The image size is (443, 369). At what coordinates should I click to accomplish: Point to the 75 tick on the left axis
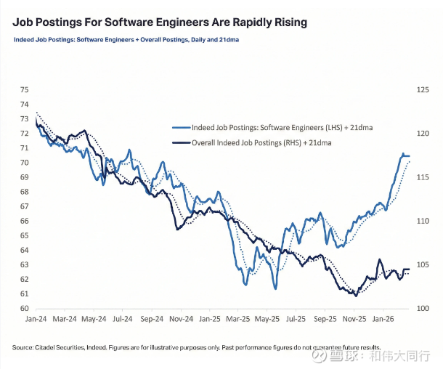[24, 90]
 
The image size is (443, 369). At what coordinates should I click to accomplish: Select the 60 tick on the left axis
[24, 309]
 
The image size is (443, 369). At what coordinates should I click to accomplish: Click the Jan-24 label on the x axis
[36, 318]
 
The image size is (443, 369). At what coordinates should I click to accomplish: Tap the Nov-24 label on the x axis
[180, 318]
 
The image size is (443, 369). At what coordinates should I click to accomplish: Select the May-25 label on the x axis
[267, 318]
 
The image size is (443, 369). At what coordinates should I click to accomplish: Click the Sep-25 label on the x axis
[325, 318]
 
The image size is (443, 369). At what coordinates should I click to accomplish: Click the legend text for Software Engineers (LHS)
[283, 127]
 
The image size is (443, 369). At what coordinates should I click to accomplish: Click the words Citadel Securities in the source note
[55, 348]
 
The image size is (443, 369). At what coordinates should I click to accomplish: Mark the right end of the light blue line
[410, 156]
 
